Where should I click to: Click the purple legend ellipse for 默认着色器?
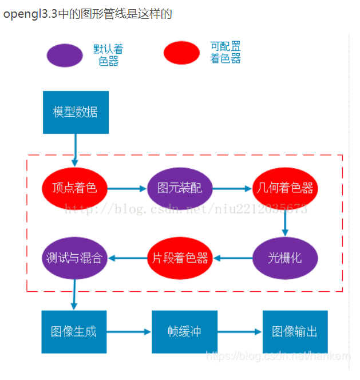[x=65, y=55]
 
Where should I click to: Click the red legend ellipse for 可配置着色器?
[x=181, y=53]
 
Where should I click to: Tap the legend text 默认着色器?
[x=108, y=55]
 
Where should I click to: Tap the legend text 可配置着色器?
[x=225, y=52]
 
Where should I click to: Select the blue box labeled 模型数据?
[x=76, y=112]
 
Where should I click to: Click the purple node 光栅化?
[x=285, y=258]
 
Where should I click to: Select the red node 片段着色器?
[x=180, y=258]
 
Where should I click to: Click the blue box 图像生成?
[x=74, y=331]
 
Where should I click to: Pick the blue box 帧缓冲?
[x=184, y=331]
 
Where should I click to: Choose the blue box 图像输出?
[x=295, y=331]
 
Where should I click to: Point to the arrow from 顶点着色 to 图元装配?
[x=127, y=188]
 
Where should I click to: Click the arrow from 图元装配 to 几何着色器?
[x=232, y=188]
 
